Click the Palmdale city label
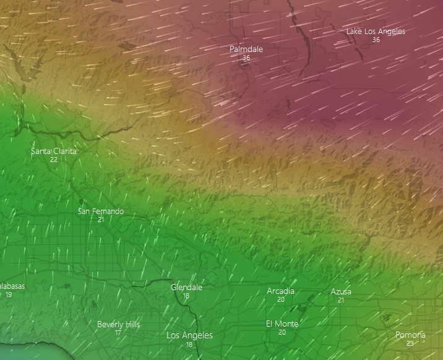pos(246,49)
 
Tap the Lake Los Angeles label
pos(376,32)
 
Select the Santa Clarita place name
pos(54,151)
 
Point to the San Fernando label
pos(101,212)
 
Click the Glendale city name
pos(186,288)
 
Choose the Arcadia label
pos(281,291)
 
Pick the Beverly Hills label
pos(119,325)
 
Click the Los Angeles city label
pos(189,336)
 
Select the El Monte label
pos(282,324)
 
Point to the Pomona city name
pos(410,335)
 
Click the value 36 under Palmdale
pos(246,58)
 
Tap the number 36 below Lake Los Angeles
pos(376,40)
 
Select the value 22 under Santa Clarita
pos(54,160)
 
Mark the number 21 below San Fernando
pos(101,220)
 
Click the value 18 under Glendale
pos(186,296)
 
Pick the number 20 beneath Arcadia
pos(281,299)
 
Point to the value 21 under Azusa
pos(341,300)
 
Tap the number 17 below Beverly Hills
pos(118,333)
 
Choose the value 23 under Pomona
pos(410,343)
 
